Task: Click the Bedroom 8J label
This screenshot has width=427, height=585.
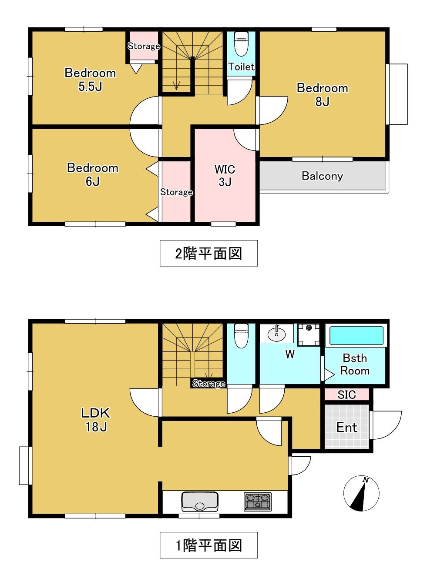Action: (x=322, y=94)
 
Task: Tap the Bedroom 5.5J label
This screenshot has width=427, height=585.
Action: (x=90, y=80)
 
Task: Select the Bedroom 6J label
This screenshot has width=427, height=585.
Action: (x=93, y=174)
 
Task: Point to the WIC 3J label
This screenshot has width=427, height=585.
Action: (x=225, y=175)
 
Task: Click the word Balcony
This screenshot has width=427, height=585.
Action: (x=322, y=176)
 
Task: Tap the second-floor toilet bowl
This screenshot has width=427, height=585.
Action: (x=241, y=44)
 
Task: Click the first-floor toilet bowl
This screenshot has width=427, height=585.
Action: (x=241, y=336)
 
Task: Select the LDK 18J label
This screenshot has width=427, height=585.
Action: (x=96, y=420)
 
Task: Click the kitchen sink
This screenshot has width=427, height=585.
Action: (x=200, y=501)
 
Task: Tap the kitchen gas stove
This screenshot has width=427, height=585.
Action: (x=258, y=501)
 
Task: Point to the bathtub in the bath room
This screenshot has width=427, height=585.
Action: (x=356, y=336)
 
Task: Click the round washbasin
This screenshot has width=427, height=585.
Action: (x=277, y=334)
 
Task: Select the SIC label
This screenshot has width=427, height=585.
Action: (x=346, y=394)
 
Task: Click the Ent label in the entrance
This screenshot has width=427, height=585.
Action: (x=346, y=427)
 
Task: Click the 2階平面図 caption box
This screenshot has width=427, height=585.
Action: (x=208, y=253)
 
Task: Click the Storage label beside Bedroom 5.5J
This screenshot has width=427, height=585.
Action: (x=144, y=46)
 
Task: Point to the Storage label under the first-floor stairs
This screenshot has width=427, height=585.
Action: (x=208, y=383)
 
